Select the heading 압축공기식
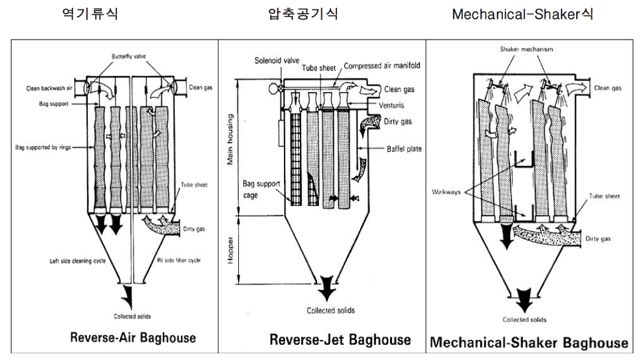[303, 13]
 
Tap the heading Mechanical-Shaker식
[522, 13]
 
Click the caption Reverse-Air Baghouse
[133, 337]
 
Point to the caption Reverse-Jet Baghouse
[340, 339]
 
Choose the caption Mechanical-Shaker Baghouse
[528, 342]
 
